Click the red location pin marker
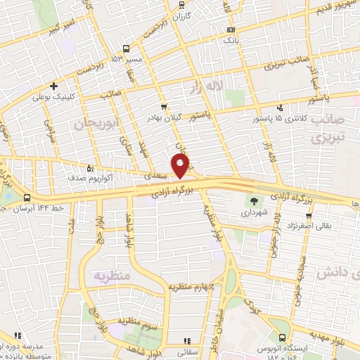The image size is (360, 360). click(x=181, y=166)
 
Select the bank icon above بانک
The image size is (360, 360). click(x=231, y=30)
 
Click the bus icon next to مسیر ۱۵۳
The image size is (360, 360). click(x=127, y=49)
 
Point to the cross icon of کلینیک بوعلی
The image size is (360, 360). click(x=53, y=86)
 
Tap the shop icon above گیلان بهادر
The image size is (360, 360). click(x=164, y=107)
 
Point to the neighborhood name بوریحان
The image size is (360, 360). click(x=92, y=124)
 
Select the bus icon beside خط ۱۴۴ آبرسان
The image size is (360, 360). click(x=27, y=198)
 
